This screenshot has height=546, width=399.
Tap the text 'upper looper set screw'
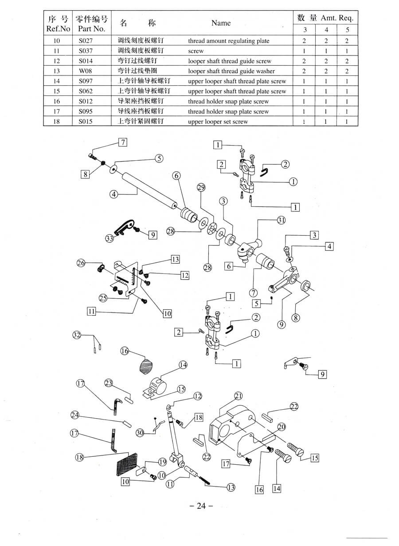(218, 122)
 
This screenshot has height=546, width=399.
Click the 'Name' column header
(221, 23)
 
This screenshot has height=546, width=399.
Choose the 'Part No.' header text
(91, 29)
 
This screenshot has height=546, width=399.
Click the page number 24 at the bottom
(201, 506)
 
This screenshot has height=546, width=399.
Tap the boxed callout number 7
(123, 142)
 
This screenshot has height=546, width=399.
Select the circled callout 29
(201, 188)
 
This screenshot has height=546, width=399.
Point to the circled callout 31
(282, 220)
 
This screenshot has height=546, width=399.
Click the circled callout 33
(110, 238)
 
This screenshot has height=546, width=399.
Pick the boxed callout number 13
(176, 259)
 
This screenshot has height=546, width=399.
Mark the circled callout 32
(77, 335)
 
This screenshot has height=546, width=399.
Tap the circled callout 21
(239, 396)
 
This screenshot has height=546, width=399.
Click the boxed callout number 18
(199, 417)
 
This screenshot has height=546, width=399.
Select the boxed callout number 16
(259, 489)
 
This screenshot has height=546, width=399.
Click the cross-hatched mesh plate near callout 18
(127, 464)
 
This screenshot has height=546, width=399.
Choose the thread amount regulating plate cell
(228, 41)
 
